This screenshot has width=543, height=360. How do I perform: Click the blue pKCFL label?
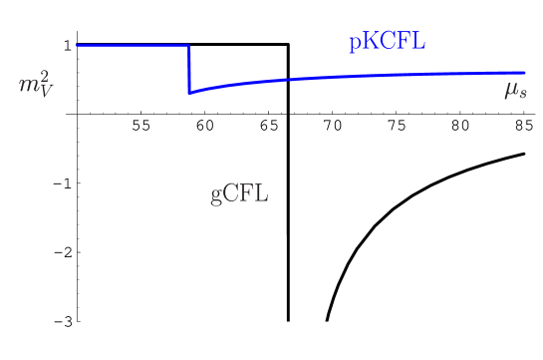[x=387, y=43]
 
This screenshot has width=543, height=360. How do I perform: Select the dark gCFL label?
[x=239, y=193]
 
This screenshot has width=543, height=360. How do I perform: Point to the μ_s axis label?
[x=514, y=91]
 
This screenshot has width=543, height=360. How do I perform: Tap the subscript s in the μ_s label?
[x=521, y=95]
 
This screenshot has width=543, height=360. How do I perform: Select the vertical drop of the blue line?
[x=189, y=69]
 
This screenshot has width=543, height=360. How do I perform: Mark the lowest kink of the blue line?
[x=189, y=93]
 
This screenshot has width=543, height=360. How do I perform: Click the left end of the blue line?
[x=78, y=46]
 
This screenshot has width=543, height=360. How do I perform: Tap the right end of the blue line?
[x=524, y=73]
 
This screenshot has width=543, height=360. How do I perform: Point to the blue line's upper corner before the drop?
[x=189, y=46]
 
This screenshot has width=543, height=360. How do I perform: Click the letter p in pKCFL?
[x=353, y=45]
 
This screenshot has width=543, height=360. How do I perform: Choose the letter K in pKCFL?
[x=368, y=42]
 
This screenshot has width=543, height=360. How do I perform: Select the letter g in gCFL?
[x=216, y=196]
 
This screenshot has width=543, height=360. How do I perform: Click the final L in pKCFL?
[x=419, y=42]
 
